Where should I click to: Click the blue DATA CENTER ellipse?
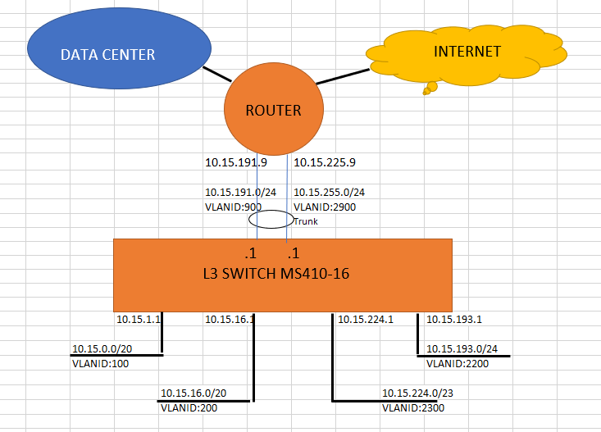(107, 54)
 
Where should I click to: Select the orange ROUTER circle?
(273, 110)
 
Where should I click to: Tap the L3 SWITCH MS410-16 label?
(282, 274)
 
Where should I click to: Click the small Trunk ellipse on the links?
(270, 219)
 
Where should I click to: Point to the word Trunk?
(305, 221)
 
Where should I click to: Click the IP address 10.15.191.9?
(232, 162)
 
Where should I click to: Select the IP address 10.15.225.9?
(324, 162)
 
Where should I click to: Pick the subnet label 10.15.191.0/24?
(240, 193)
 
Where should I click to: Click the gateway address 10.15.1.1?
(139, 319)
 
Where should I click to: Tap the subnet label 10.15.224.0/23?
(417, 393)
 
